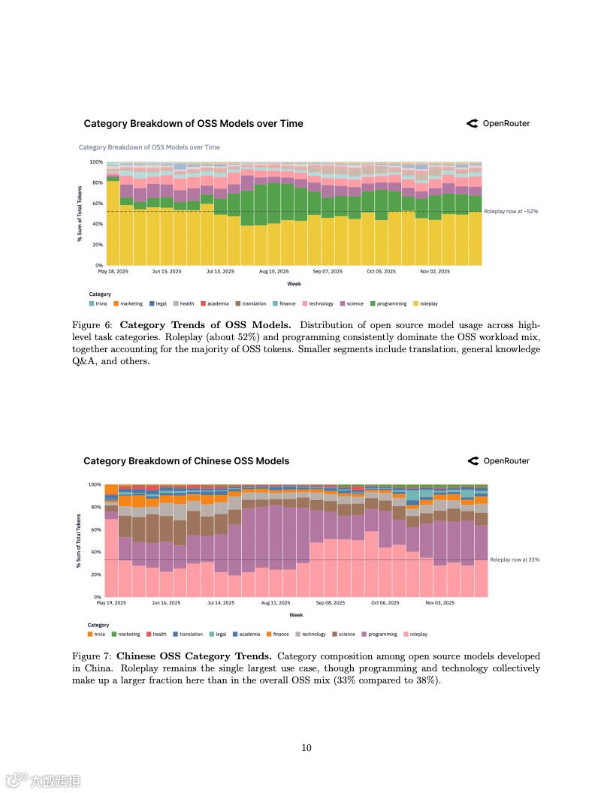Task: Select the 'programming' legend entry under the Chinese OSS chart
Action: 379,634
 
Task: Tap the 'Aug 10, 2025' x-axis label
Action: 273,271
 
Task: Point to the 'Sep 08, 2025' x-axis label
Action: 331,602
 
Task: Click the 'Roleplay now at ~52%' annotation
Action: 511,212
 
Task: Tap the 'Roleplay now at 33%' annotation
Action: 515,559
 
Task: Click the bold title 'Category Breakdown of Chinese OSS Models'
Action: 186,460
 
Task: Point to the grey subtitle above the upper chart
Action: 149,147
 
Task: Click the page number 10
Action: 306,747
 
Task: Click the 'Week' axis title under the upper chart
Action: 294,283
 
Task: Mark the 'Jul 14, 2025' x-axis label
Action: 220,602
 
